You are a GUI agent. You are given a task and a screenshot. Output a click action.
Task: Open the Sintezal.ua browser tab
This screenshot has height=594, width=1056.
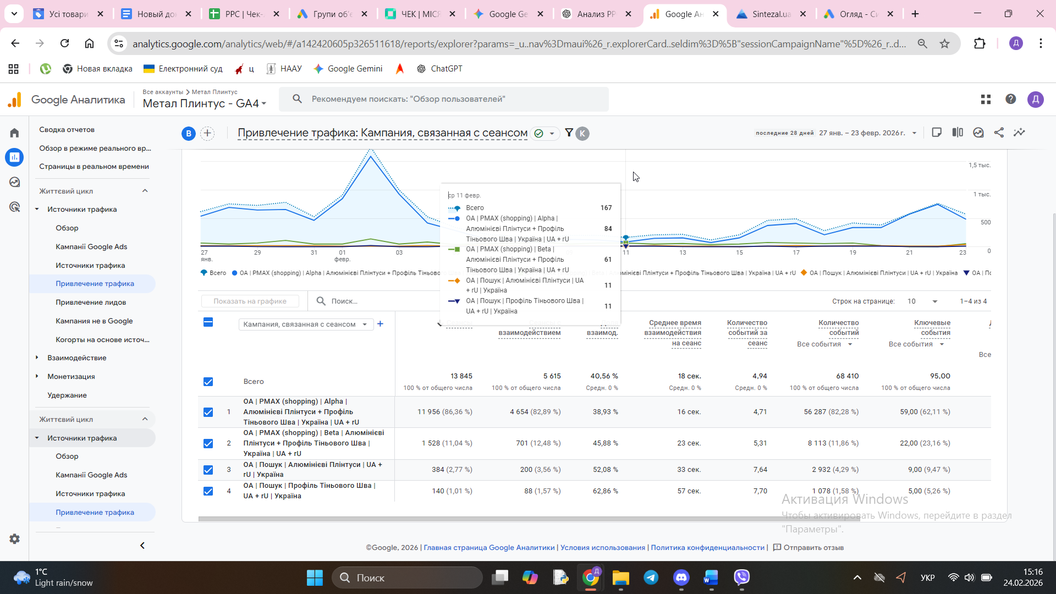point(771,14)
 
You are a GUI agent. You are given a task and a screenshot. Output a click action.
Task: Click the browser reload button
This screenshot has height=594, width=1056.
point(65,43)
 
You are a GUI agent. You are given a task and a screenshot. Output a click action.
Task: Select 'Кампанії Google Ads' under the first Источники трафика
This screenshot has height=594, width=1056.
point(91,247)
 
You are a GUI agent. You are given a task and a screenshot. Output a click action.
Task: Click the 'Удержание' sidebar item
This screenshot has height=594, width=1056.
point(67,395)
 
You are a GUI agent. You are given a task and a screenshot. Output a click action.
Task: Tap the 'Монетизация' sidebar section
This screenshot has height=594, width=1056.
point(71,377)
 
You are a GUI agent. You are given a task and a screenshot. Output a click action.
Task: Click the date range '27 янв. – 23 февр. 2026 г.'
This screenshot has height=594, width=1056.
point(862,133)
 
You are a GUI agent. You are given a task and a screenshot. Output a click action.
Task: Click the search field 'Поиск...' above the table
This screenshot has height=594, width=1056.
point(374,301)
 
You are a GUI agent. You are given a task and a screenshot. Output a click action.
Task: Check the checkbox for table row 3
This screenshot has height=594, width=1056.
point(208,470)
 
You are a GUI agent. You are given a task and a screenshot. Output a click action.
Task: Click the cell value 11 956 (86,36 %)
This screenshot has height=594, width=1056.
point(444,412)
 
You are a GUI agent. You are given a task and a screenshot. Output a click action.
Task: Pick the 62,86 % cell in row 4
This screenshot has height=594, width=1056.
point(605,491)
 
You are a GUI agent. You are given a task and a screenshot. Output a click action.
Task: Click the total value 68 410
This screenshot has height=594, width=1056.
point(847,376)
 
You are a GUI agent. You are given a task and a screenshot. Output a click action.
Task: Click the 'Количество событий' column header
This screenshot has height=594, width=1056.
point(838,328)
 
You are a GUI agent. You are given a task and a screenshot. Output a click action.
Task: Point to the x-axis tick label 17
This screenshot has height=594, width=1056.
point(796,253)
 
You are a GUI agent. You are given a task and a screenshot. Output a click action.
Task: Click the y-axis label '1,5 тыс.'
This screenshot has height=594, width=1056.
point(979,166)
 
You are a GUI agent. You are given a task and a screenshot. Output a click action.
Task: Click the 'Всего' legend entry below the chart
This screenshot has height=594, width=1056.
point(214,273)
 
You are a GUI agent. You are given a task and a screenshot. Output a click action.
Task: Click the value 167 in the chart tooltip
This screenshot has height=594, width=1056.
point(606,208)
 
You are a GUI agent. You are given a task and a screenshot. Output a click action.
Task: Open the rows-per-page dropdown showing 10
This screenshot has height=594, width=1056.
point(922,301)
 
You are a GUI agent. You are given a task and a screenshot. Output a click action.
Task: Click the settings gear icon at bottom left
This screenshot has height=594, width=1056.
point(15,539)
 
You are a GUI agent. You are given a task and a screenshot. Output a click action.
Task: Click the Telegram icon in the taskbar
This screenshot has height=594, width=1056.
point(651,577)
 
